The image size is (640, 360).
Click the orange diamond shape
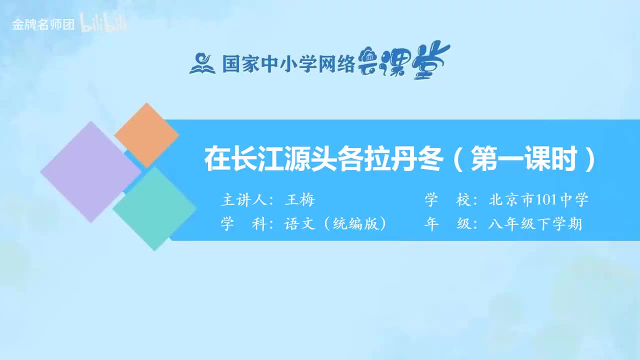click(x=146, y=135)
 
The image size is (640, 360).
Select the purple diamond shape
click(x=90, y=171)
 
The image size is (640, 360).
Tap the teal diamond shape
click(x=154, y=208)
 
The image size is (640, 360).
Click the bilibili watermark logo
click(x=103, y=24)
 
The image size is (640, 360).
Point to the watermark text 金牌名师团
click(x=43, y=25)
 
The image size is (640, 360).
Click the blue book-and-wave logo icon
click(x=202, y=63)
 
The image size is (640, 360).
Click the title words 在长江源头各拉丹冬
click(x=323, y=159)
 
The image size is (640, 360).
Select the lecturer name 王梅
click(x=299, y=200)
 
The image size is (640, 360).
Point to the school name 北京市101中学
click(x=538, y=200)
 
